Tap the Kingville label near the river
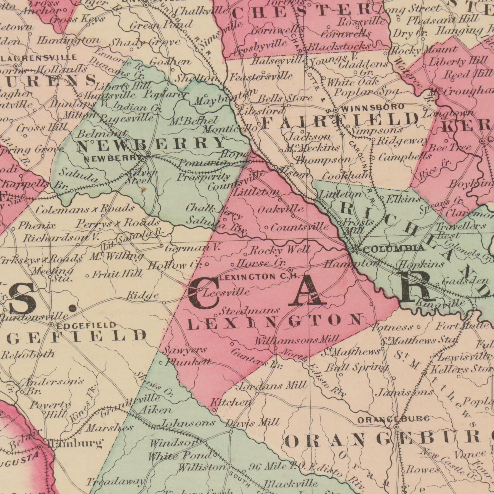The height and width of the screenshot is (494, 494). click(x=440, y=303)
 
